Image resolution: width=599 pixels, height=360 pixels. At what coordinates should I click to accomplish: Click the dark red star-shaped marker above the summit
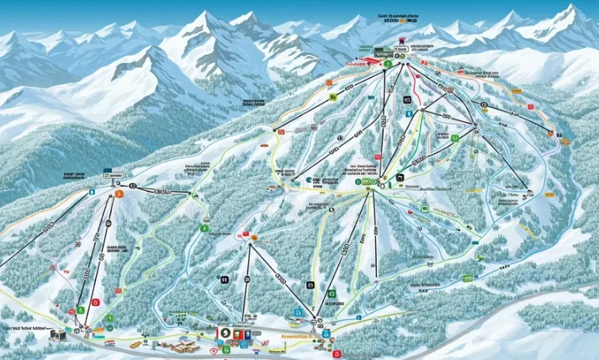point(402,40)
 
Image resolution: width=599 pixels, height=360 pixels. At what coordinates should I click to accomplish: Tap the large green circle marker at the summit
point(387,63)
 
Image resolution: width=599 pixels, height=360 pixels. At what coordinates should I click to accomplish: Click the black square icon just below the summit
point(407,100)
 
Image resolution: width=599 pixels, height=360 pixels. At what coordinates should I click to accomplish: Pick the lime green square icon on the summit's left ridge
point(333,98)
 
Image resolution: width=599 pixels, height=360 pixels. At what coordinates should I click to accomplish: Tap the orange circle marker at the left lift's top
point(119,194)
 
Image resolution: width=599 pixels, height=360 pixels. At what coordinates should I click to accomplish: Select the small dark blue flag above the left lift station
point(108,174)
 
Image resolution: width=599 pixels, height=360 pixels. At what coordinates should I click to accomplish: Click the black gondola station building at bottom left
point(57,335)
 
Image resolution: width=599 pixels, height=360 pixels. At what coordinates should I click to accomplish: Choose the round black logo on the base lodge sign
point(225,333)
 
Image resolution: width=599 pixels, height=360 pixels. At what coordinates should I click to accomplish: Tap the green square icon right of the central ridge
point(455,137)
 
